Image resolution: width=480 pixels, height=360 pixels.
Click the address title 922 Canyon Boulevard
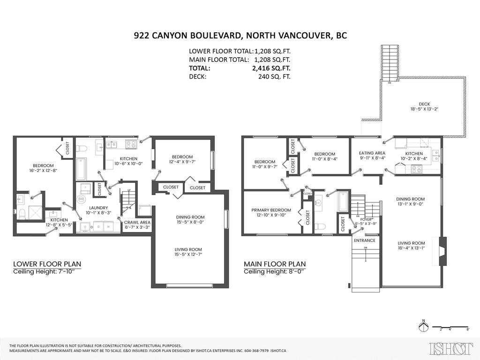(x=240, y=36)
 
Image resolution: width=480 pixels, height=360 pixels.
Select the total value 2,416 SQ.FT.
(x=271, y=68)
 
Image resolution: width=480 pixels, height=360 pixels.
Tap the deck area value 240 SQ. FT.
(x=271, y=76)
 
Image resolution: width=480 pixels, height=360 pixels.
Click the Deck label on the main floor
(x=424, y=104)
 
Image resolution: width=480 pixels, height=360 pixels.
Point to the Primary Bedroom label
(x=271, y=210)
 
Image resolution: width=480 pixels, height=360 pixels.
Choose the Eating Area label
(x=372, y=153)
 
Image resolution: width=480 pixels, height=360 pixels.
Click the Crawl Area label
(x=137, y=222)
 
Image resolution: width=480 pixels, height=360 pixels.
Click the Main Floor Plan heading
(x=275, y=264)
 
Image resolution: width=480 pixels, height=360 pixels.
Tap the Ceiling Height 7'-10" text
(x=47, y=272)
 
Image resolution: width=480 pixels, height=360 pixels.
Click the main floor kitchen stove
(x=417, y=169)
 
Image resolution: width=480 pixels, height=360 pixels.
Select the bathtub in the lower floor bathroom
(x=81, y=169)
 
